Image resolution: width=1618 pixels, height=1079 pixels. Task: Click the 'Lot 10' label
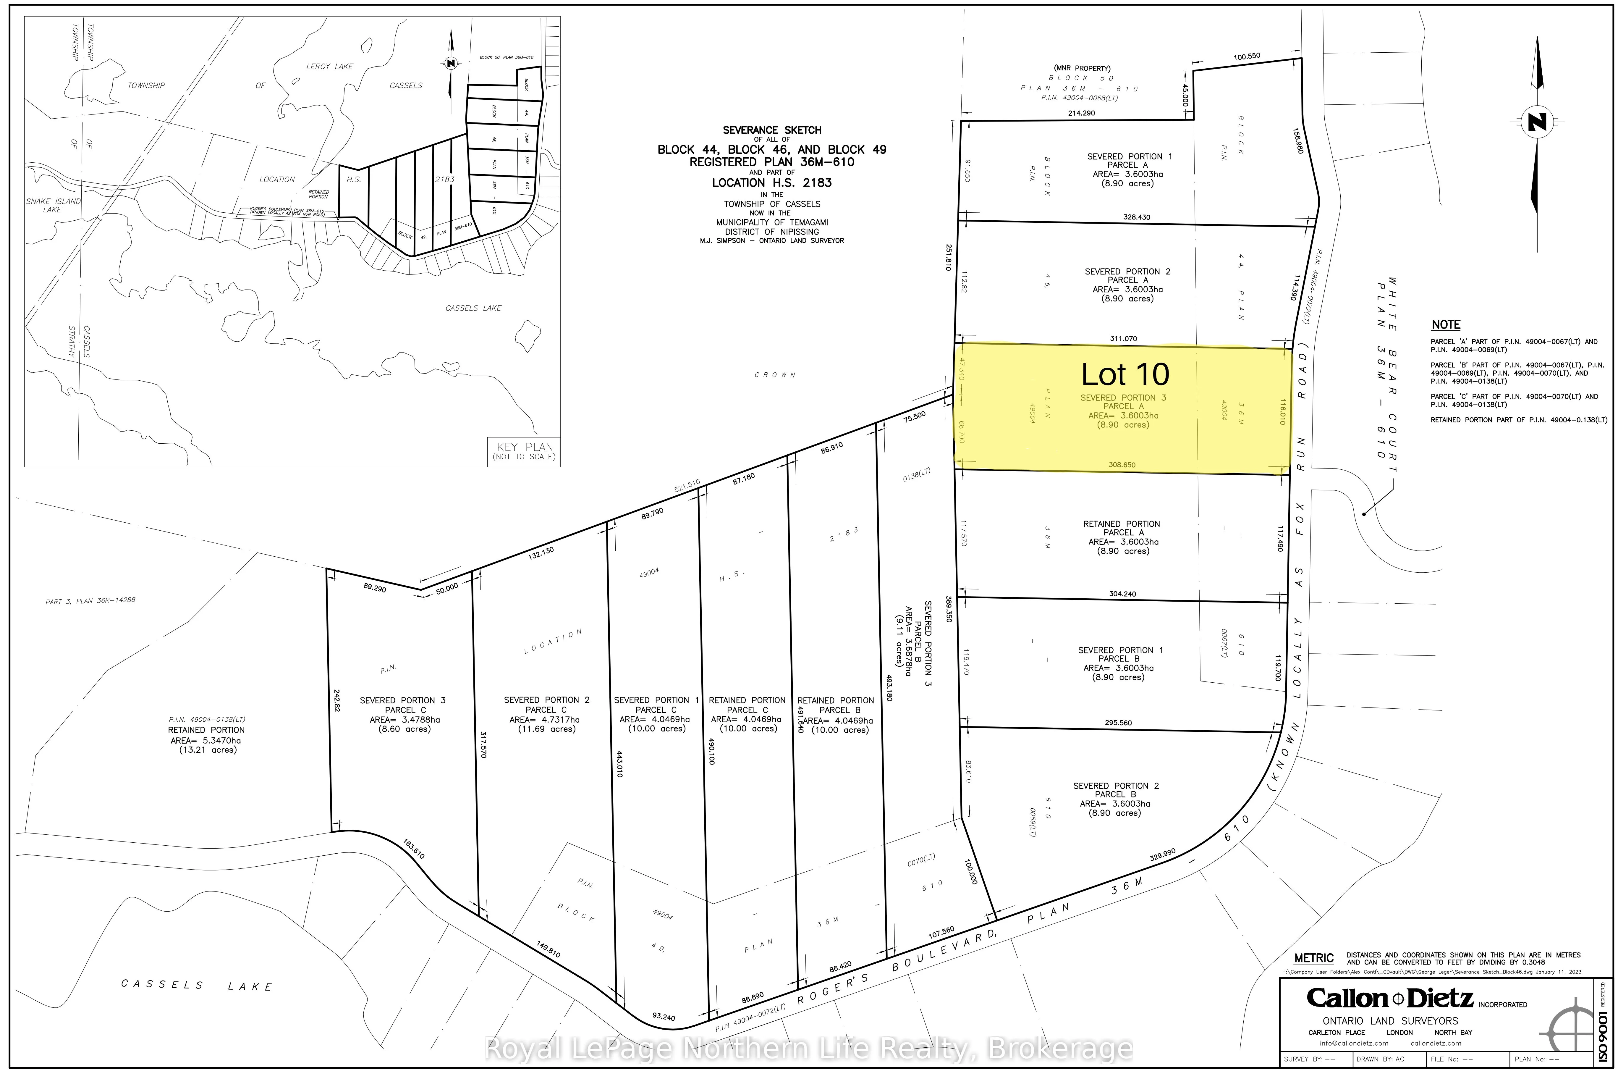pos(1125,374)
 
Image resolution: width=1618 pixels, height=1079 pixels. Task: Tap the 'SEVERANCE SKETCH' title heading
pos(772,130)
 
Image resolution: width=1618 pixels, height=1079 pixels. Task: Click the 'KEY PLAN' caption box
pos(524,451)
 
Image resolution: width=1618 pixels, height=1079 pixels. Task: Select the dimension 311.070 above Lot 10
pos(1123,339)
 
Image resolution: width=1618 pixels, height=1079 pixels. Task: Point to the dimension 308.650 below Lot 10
pos(1121,464)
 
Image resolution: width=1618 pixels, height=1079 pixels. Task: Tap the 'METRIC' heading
pos(1313,958)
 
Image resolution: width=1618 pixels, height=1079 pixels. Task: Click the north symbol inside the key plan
pos(451,63)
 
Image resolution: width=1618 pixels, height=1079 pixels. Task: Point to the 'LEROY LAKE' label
pos(329,67)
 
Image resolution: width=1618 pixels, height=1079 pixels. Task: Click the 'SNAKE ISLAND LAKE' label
pos(53,205)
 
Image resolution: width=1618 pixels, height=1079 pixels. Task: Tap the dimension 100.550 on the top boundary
pos(1247,56)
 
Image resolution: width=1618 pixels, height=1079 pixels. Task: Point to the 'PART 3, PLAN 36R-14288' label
pos(90,601)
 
